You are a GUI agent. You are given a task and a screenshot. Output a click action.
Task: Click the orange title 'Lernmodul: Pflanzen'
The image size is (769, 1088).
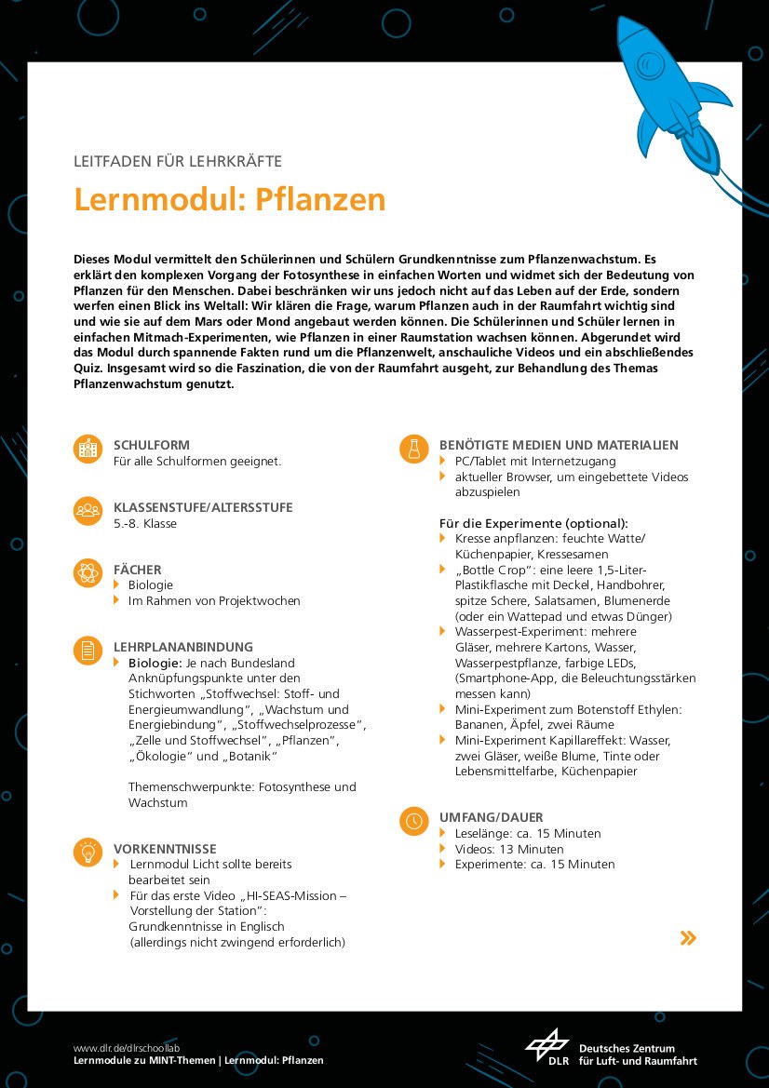pyautogui.click(x=229, y=199)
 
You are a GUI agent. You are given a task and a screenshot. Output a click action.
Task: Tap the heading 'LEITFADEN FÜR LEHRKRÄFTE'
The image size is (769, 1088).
pyautogui.click(x=177, y=161)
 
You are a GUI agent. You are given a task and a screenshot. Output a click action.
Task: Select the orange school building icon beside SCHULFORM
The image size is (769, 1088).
pyautogui.click(x=88, y=450)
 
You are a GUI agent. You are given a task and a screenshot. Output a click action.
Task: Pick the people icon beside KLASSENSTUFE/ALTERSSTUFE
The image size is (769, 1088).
pyautogui.click(x=88, y=511)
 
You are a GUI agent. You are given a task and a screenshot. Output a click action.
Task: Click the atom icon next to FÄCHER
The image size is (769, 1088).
pyautogui.click(x=88, y=573)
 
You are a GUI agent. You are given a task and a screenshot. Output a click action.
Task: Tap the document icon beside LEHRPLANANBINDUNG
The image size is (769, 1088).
pyautogui.click(x=88, y=651)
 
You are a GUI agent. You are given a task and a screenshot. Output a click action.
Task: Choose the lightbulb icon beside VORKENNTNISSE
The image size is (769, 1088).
pyautogui.click(x=88, y=853)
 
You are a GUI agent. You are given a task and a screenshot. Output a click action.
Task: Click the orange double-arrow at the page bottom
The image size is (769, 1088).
pyautogui.click(x=688, y=937)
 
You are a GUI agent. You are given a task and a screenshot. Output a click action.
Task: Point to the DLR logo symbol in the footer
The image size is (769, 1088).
pyautogui.click(x=546, y=1046)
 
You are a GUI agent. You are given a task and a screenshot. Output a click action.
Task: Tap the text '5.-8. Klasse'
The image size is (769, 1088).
pyautogui.click(x=145, y=524)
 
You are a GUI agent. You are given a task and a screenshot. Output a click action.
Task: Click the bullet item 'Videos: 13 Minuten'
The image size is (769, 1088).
pyautogui.click(x=508, y=849)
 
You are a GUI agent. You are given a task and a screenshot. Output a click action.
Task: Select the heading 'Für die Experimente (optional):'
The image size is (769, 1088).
pyautogui.click(x=533, y=523)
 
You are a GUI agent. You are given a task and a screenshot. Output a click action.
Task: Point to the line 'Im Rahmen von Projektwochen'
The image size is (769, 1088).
pyautogui.click(x=214, y=601)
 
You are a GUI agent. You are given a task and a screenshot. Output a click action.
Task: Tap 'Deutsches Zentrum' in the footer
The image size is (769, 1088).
pyautogui.click(x=627, y=1048)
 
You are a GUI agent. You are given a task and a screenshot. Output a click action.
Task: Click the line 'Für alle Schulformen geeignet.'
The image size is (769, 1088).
pyautogui.click(x=197, y=462)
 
